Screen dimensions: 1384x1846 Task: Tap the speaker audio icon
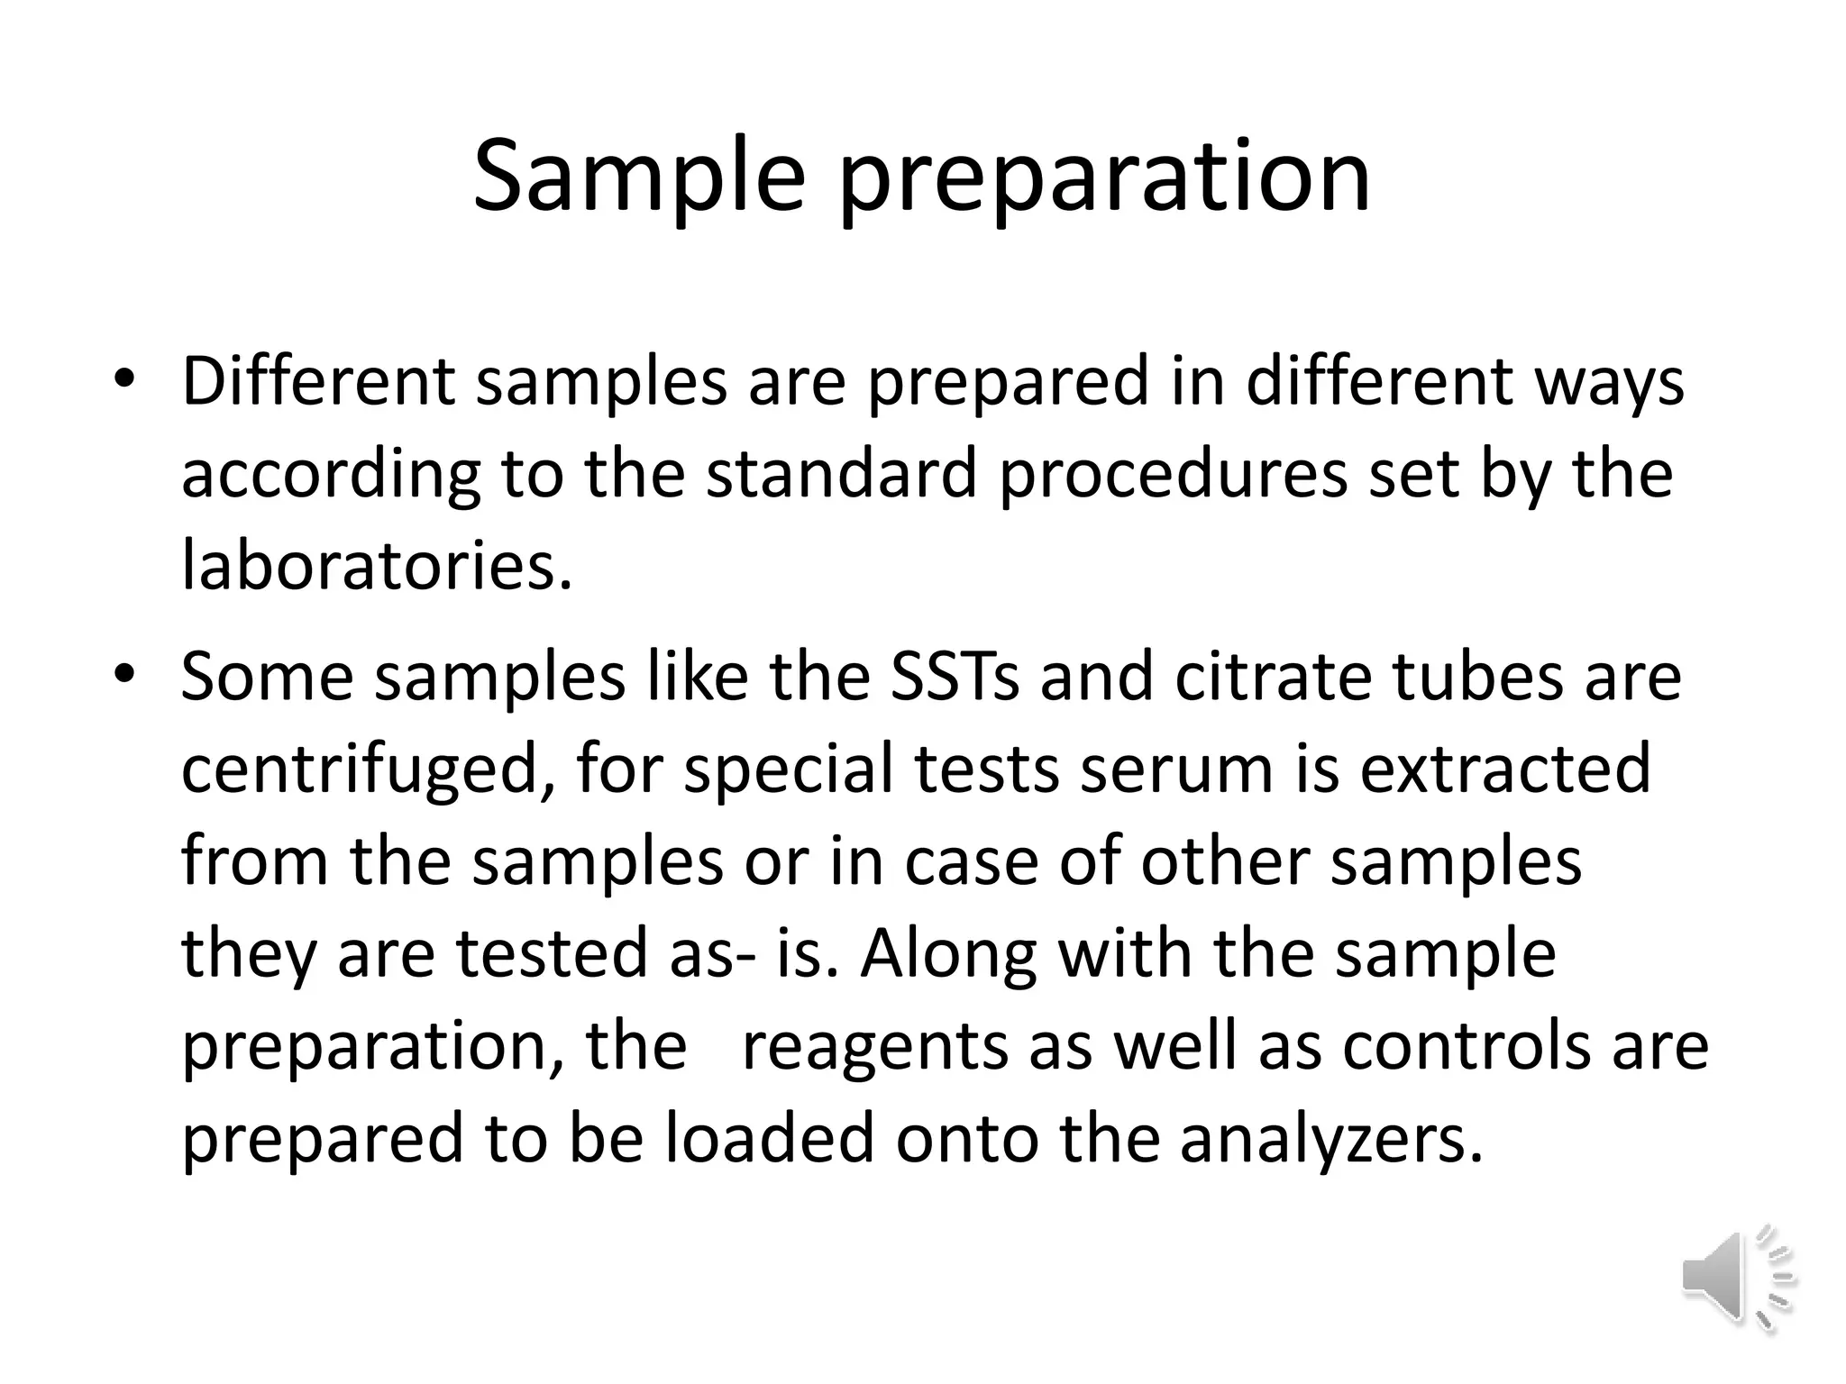pyautogui.click(x=1737, y=1279)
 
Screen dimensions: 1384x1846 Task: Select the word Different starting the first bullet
pyautogui.click(x=317, y=381)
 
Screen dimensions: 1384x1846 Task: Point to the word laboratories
pyautogui.click(x=376, y=566)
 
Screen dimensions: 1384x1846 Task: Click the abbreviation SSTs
pyautogui.click(x=955, y=677)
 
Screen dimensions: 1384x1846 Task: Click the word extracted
pyautogui.click(x=1505, y=769)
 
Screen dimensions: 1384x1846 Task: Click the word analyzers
pyautogui.click(x=1330, y=1140)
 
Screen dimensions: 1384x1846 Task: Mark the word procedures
pyautogui.click(x=1174, y=476)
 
